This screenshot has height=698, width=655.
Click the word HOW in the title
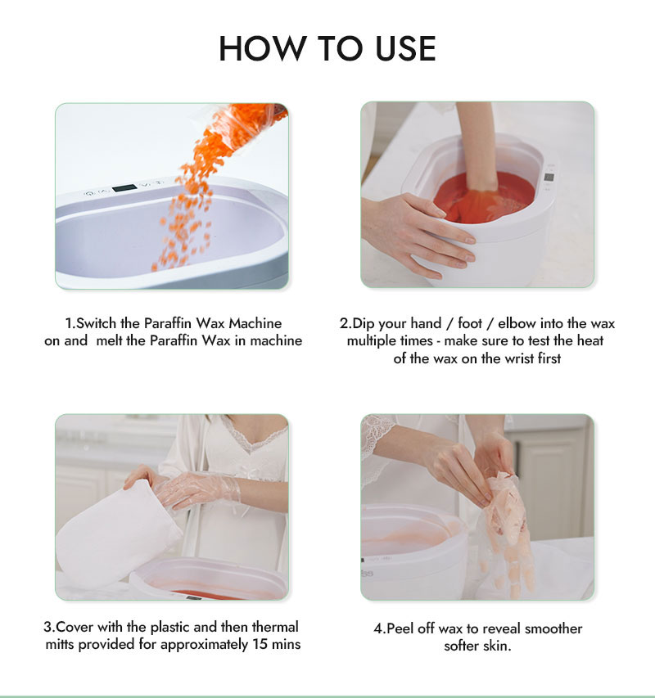pos(262,48)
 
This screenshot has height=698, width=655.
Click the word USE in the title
pos(405,48)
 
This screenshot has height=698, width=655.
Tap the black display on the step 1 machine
pos(124,188)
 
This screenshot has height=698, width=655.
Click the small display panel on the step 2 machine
pos(549,178)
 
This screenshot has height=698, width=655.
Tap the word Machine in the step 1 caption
pos(255,323)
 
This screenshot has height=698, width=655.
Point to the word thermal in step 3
pos(275,627)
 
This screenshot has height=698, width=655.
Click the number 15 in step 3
pos(260,644)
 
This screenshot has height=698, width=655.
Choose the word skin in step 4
pos(497,646)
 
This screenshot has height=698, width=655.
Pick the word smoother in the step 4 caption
pos(553,628)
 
